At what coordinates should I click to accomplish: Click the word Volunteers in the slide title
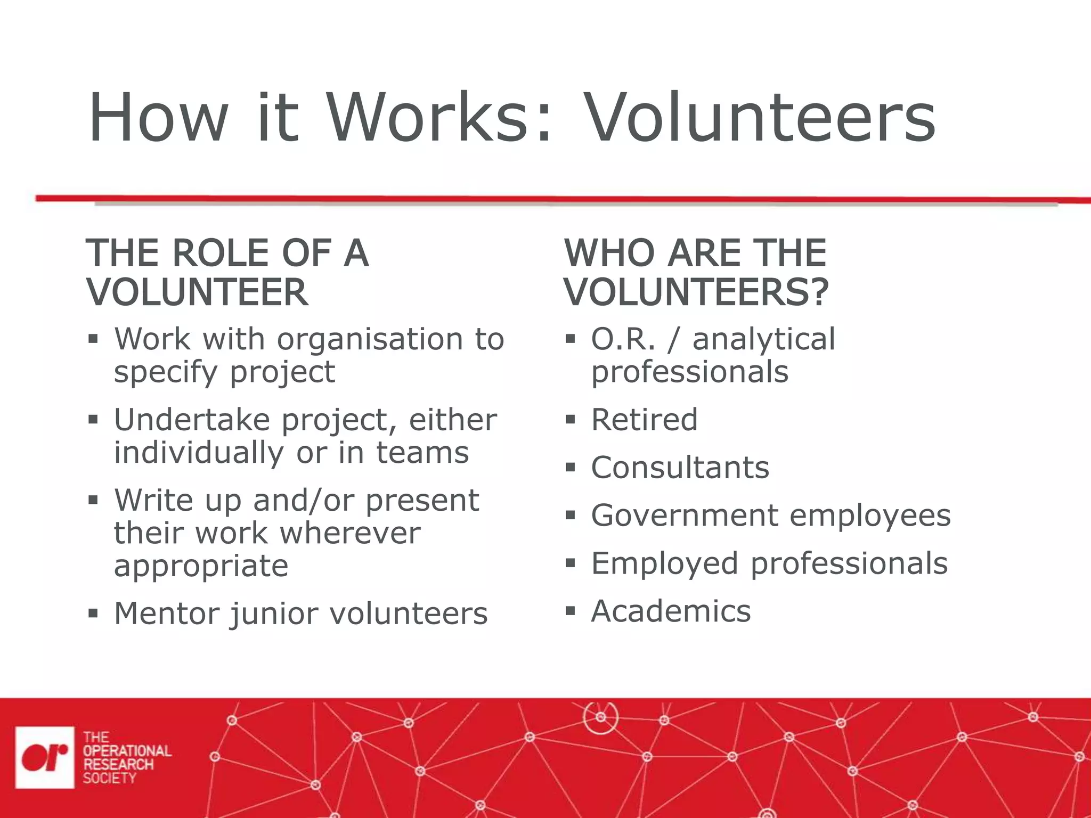(x=760, y=118)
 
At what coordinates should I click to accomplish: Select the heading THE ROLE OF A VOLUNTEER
(x=227, y=272)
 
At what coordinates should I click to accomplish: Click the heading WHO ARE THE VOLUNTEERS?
(x=696, y=272)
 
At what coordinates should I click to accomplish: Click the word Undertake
(x=192, y=420)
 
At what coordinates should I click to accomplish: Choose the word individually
(x=199, y=453)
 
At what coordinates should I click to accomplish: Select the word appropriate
(x=201, y=566)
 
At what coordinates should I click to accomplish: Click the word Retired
(x=644, y=420)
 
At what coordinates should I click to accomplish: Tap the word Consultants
(x=680, y=468)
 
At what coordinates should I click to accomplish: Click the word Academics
(x=671, y=611)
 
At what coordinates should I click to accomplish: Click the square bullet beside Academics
(x=571, y=611)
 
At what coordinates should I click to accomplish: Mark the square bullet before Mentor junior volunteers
(x=93, y=613)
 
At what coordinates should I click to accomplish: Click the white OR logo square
(x=45, y=757)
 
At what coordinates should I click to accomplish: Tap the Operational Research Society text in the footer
(x=126, y=757)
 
